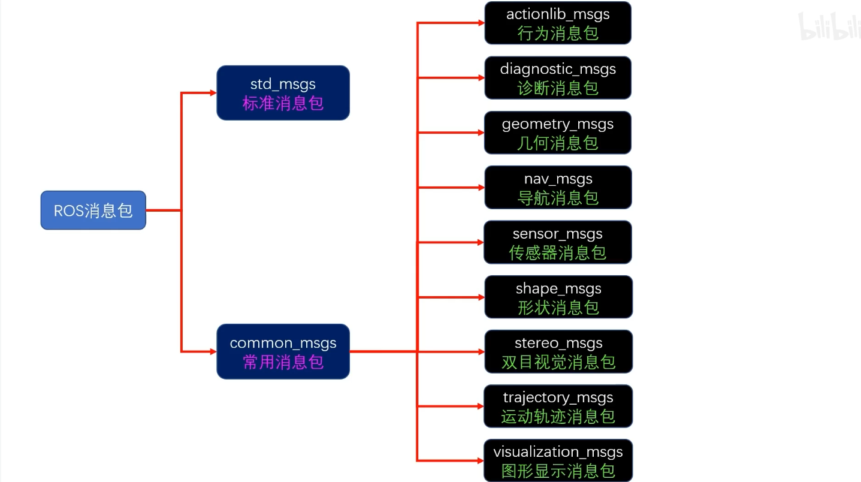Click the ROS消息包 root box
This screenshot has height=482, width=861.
tap(93, 210)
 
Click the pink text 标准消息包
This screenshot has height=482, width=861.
tap(283, 103)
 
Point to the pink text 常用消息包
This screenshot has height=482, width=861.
tap(283, 362)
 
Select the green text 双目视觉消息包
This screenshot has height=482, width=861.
tap(558, 362)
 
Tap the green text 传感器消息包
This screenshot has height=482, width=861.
tap(558, 253)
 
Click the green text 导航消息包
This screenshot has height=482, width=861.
tap(558, 198)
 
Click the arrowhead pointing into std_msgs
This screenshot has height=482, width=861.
tap(212, 93)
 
